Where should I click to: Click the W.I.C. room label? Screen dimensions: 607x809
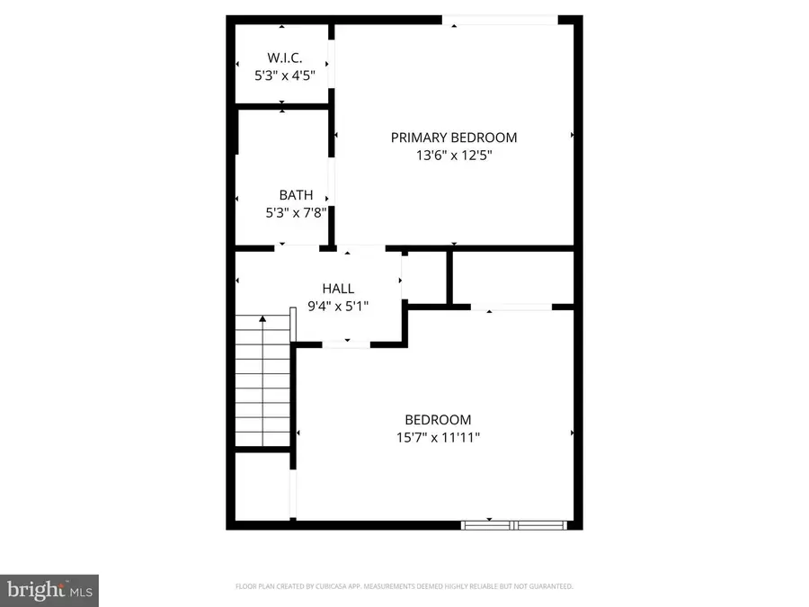pos(282,58)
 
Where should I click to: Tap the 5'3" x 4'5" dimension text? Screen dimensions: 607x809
pos(282,76)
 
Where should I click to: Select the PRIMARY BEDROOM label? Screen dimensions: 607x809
pos(454,138)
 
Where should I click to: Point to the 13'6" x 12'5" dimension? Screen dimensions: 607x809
pos(454,155)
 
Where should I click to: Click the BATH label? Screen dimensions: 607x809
pos(296,195)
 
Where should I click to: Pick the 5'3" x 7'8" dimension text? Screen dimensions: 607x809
pos(296,213)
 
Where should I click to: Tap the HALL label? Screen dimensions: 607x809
pos(338,289)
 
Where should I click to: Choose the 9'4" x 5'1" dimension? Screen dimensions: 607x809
pos(338,306)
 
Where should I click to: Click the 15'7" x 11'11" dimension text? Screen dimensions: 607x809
pos(438,438)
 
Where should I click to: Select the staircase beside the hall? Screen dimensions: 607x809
pos(263,382)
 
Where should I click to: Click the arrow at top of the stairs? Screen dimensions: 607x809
pos(262,317)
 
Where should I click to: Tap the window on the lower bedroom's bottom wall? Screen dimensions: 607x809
pos(513,522)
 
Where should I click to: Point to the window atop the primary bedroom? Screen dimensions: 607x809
pos(499,20)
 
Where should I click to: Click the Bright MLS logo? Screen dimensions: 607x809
pos(49,590)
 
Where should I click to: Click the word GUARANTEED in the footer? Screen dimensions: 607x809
pos(550,587)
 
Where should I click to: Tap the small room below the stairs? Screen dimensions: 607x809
pos(262,487)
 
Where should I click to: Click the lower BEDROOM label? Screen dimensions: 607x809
pos(438,420)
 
